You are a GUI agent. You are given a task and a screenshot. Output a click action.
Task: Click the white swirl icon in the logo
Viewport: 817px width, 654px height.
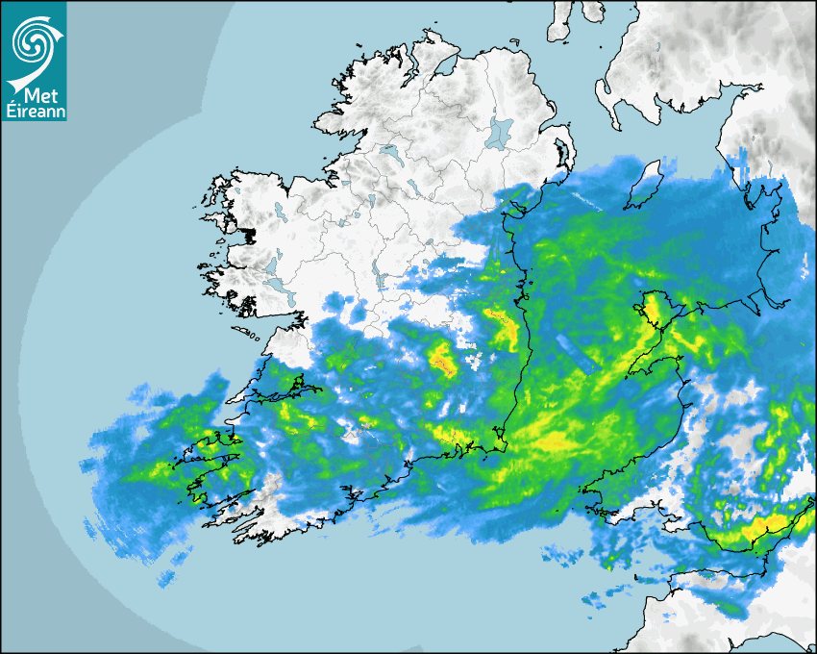coord(31,42)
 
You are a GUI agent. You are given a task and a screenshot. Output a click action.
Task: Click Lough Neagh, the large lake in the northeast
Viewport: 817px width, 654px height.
coord(500,132)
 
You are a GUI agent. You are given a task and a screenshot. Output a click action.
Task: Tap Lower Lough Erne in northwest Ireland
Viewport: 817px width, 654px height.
coord(389,152)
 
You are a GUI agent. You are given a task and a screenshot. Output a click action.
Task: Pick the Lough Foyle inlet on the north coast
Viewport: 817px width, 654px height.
coord(444,67)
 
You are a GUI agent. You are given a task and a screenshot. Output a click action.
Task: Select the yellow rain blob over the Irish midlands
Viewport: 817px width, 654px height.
coord(441,360)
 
